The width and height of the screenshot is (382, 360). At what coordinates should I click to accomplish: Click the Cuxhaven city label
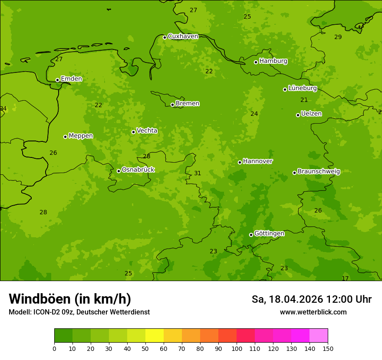(183, 36)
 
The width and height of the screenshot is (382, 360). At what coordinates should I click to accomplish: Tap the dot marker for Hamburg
(256, 62)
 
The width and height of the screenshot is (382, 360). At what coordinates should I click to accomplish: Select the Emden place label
(71, 79)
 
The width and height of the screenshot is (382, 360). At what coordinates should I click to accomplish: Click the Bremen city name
(188, 104)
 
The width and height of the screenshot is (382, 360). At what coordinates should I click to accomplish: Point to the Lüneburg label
(303, 88)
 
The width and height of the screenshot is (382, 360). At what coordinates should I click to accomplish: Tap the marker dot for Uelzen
(298, 115)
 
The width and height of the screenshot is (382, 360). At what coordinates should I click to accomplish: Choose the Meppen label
(81, 136)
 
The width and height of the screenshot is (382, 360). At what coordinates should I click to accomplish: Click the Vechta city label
(147, 131)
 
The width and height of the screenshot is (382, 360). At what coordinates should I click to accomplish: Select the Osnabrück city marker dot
(119, 171)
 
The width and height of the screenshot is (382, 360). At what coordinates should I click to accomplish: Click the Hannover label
(257, 161)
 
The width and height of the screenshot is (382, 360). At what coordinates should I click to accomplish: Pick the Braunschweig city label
(319, 171)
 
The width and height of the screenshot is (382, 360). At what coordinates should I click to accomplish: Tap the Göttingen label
(269, 234)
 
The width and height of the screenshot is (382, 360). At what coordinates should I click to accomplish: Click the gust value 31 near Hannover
(198, 173)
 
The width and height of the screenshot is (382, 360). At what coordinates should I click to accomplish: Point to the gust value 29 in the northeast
(338, 37)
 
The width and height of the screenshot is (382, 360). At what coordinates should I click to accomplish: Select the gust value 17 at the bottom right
(345, 278)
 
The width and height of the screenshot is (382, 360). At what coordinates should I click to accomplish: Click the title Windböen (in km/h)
(70, 299)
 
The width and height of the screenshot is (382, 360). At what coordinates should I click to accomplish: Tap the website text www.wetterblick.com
(313, 312)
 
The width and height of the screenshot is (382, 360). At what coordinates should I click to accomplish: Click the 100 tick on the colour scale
(237, 348)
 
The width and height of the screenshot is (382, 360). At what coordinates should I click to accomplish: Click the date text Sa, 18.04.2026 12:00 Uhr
(311, 299)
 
